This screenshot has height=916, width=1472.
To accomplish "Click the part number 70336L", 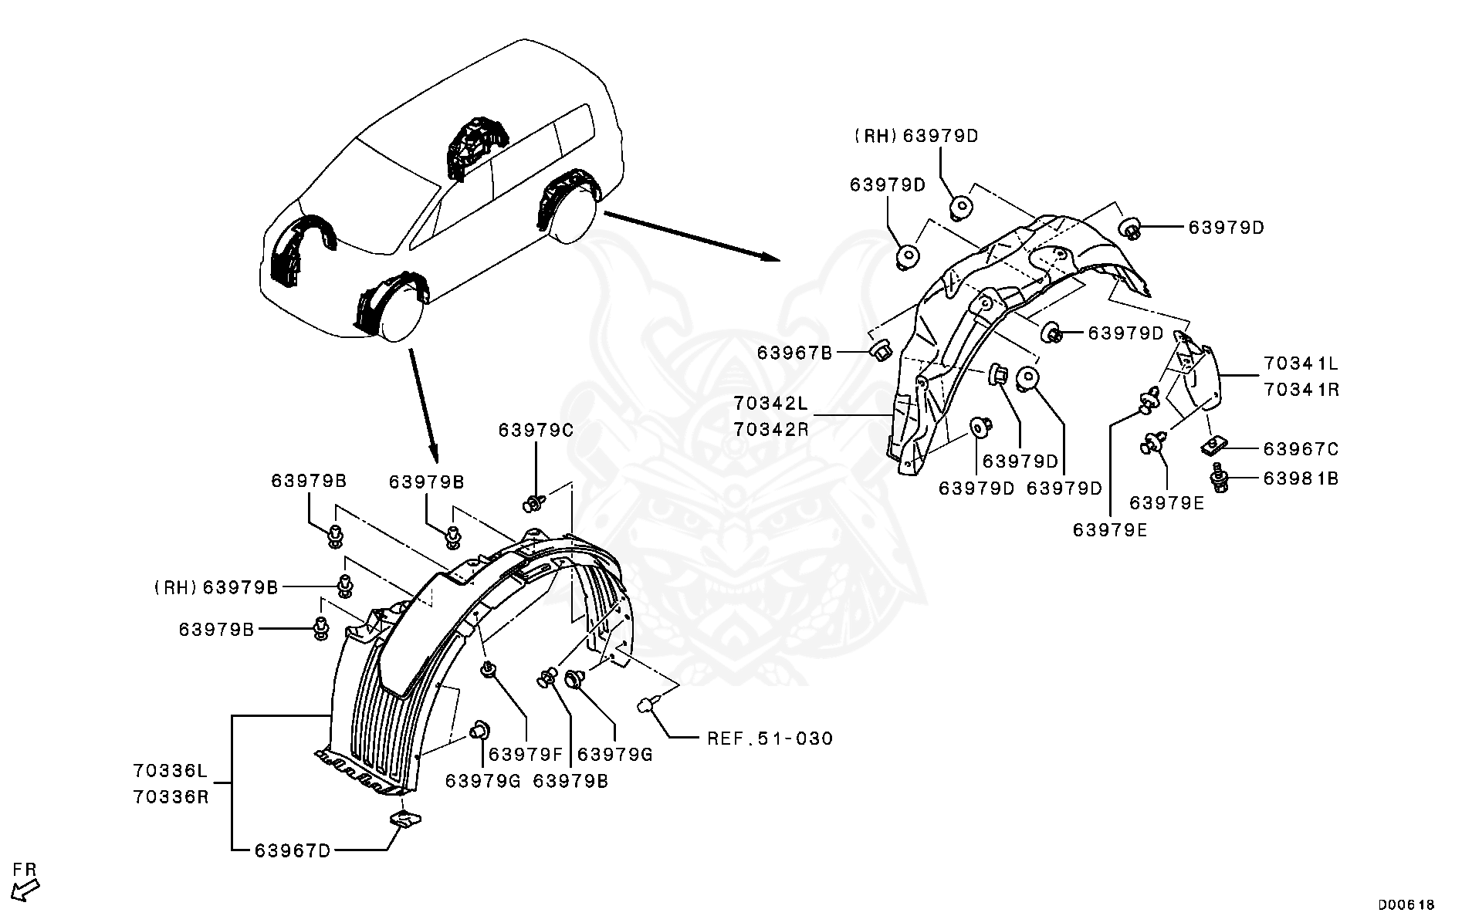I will click(171, 769).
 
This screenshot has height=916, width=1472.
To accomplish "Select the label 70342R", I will click(770, 430).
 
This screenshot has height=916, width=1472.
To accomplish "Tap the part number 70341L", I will click(1301, 363).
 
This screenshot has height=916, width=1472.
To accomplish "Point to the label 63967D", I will click(293, 850).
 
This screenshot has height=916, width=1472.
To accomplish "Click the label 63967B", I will click(794, 353).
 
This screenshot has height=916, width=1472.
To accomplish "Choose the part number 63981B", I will click(1301, 478).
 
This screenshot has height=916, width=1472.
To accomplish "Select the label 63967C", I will click(1301, 448).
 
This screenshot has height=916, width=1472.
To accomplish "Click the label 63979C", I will click(536, 430).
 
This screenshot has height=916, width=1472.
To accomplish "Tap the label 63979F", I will click(526, 754).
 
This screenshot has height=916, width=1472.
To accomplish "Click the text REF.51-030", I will click(770, 739).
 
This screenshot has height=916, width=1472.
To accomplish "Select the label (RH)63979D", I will click(915, 136).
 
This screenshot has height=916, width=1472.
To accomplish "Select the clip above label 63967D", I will click(402, 819).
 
